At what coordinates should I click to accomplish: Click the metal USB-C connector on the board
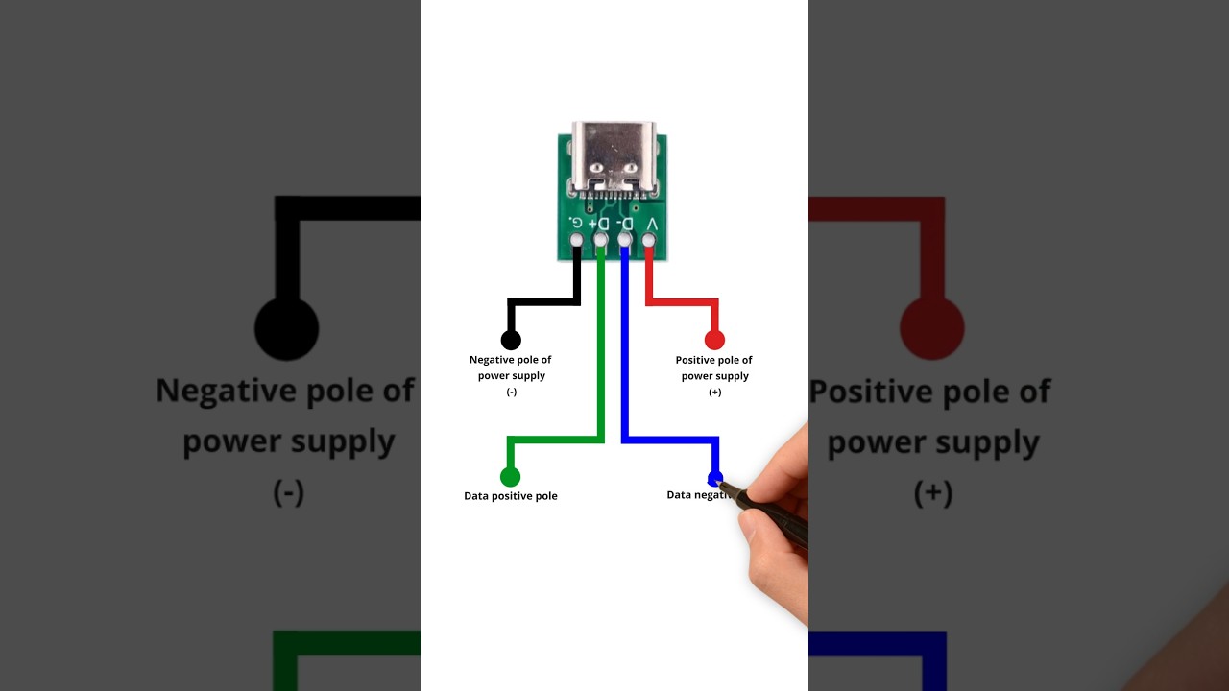pos(613,157)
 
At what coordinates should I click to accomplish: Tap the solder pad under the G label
pos(576,239)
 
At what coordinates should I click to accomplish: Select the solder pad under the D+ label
pos(600,239)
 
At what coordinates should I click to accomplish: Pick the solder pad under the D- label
pos(624,239)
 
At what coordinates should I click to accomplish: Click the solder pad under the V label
pos(649,239)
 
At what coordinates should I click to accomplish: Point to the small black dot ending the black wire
pos(511,340)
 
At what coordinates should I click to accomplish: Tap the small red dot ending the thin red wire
pos(714,340)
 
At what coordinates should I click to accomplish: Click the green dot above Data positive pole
pos(510,477)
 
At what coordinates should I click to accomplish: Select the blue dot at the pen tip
pos(714,477)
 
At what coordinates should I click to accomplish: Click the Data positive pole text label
pos(511,496)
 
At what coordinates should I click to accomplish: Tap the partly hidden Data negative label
pos(694,495)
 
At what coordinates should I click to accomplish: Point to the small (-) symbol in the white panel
pos(511,392)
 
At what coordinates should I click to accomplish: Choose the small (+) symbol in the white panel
pos(714,392)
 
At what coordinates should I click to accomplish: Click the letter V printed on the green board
pos(652,223)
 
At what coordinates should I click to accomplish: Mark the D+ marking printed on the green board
pos(600,223)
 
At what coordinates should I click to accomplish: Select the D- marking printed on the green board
pos(626,223)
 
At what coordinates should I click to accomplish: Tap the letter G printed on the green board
pos(576,223)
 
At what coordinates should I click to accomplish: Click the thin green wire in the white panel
pos(601,365)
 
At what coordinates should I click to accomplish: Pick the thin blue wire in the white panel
pos(625,365)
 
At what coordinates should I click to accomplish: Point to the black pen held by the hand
pos(768,512)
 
